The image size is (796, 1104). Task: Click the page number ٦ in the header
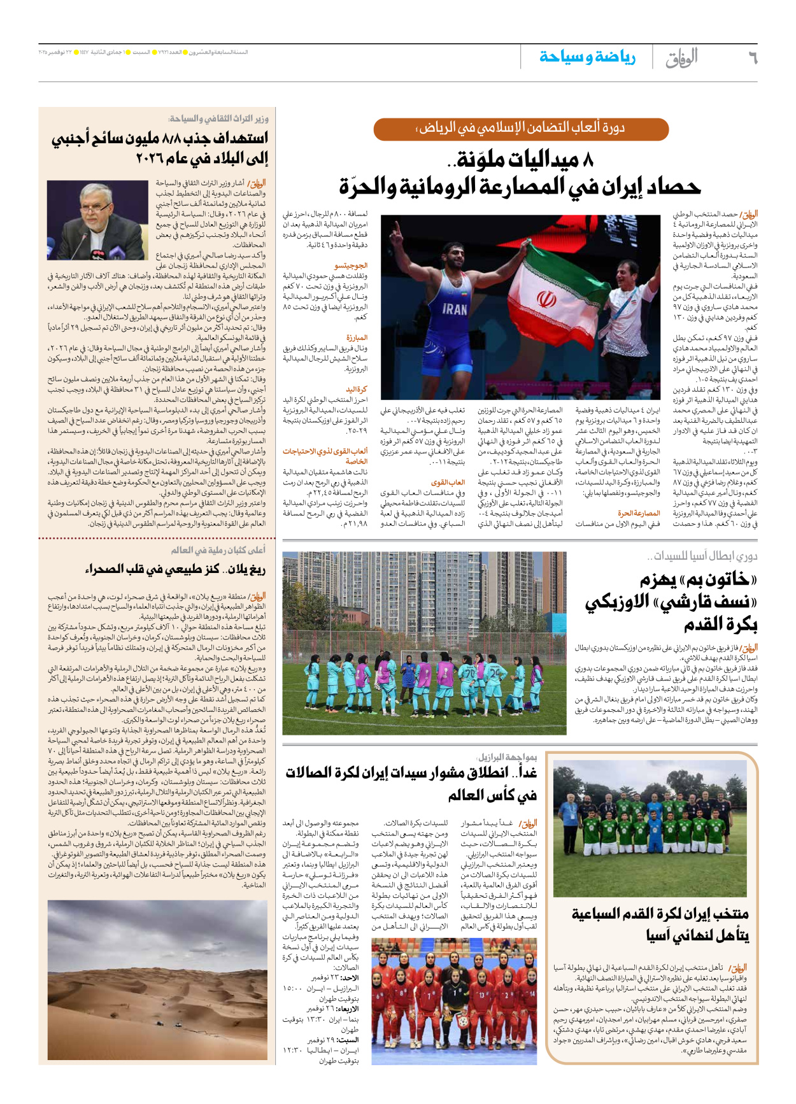coord(751,58)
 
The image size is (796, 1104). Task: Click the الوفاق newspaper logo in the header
coord(682,58)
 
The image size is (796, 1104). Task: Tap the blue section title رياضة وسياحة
coord(587,57)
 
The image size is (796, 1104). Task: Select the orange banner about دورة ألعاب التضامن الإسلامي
coord(520,129)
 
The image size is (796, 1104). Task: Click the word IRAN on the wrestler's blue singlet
coord(455,309)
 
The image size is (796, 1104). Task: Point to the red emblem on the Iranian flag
coord(546,298)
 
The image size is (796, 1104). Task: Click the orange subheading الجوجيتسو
coord(352,265)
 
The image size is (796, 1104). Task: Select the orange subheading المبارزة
coord(357,338)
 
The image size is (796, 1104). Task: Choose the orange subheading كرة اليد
coord(357,389)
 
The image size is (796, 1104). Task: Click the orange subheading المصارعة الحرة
coord(639,513)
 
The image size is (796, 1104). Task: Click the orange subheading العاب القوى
coord(448,483)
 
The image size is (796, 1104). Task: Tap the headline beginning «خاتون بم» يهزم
coord(699,580)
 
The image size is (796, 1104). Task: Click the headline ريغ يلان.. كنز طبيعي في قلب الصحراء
coord(175,569)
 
